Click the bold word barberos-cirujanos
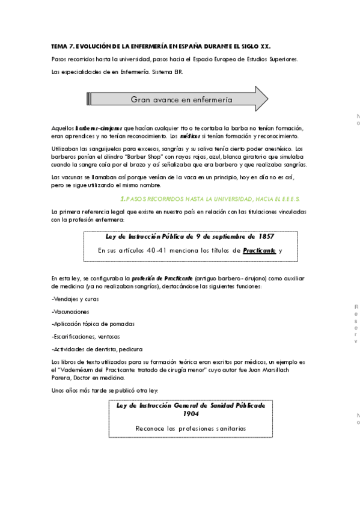coord(99,128)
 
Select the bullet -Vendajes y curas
coord(75,299)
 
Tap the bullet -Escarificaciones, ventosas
coord(85,336)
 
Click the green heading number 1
coord(123,198)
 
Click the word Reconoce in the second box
coord(151,428)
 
